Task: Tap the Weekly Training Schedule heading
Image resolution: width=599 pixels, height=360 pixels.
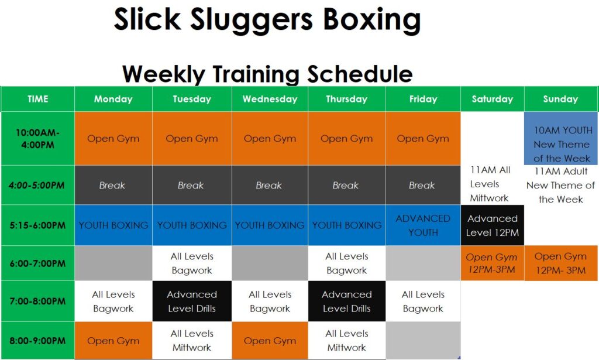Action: pos(267,74)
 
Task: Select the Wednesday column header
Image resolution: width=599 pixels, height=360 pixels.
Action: pos(270,99)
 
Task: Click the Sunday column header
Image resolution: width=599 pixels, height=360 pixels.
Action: pos(560,99)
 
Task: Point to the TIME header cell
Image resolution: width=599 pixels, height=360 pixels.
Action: pos(37,99)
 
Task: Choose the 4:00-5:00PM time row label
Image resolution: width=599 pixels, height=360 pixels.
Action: pos(37,185)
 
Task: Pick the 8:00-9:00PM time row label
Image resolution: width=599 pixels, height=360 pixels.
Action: pos(37,341)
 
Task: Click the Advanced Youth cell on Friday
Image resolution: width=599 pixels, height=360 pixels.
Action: pos(423,225)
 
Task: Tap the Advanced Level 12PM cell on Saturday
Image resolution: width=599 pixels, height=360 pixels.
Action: pos(492,225)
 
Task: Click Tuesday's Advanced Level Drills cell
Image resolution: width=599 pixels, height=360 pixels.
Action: pos(192,301)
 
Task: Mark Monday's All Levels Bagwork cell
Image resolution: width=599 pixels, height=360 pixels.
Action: pos(113,301)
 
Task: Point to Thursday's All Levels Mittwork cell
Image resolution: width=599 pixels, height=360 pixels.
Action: pos(347,341)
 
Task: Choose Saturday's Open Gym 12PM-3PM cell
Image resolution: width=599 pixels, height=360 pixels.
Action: pos(492,263)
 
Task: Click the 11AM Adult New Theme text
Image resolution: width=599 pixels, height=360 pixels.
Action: pos(560,186)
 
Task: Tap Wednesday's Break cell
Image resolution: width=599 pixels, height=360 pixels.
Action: pos(270,185)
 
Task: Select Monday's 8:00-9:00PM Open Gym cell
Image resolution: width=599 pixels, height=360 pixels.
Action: pos(113,341)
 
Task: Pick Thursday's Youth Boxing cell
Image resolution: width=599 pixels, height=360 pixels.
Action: pos(347,225)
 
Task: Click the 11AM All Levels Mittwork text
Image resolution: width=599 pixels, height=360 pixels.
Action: pos(490,184)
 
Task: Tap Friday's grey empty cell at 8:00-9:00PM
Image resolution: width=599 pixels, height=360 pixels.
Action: pos(423,340)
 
